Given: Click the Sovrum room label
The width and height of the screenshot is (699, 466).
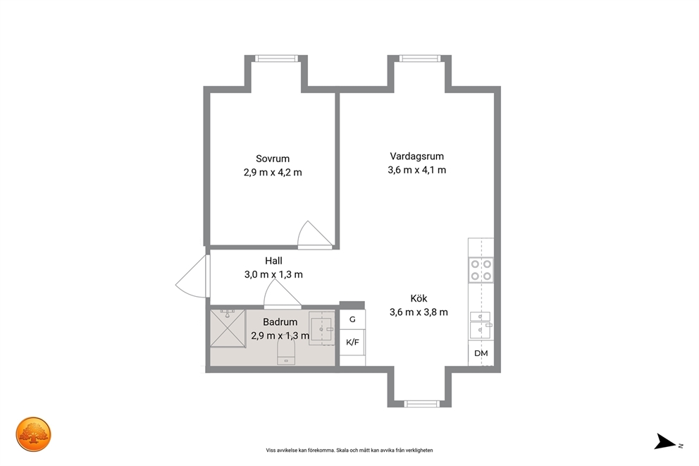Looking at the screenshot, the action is [273, 159].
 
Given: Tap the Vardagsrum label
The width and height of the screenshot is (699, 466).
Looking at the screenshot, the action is [417, 157].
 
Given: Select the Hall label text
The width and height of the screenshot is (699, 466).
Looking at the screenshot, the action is [273, 261].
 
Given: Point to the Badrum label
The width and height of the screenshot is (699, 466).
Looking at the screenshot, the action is [280, 322].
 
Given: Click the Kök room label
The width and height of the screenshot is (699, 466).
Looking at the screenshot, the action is [419, 298].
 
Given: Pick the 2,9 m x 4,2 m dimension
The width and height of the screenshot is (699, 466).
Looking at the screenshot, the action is [273, 173].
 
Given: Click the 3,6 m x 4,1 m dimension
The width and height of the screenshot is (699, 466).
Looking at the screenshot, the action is [417, 170].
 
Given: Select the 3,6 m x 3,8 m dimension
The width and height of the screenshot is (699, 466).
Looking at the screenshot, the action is [419, 312].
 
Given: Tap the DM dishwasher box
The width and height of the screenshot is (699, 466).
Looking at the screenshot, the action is [481, 353].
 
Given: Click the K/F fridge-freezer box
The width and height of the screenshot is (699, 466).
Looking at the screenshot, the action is [352, 343].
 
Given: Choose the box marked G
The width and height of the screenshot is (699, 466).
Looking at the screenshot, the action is [352, 319].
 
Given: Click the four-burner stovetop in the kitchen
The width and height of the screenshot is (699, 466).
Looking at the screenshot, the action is [481, 270].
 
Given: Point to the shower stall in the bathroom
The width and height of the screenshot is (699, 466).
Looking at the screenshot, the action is [228, 329].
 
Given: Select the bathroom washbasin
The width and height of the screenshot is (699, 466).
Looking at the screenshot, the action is [322, 329].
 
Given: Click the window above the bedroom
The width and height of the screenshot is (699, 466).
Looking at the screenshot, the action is [276, 59].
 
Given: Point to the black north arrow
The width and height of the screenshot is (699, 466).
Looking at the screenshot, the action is [664, 441].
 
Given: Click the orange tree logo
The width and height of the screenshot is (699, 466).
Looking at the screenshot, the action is [33, 434].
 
